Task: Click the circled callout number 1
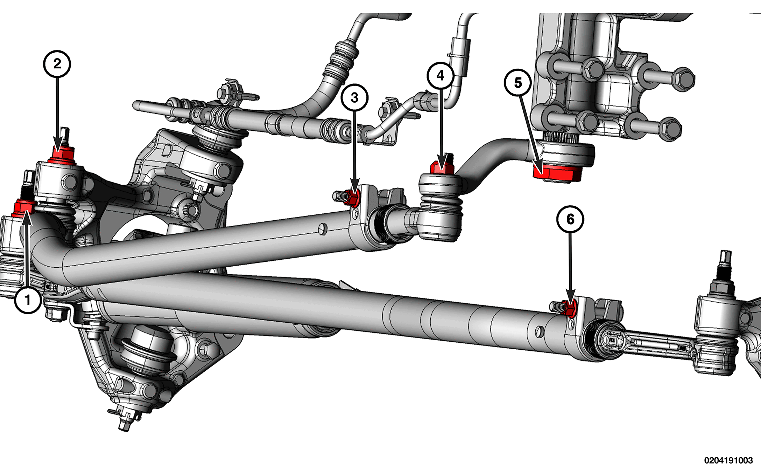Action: click(x=28, y=300)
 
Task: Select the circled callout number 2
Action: click(x=57, y=64)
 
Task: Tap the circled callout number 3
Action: click(x=354, y=97)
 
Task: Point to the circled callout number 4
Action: click(x=441, y=75)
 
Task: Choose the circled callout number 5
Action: click(x=518, y=83)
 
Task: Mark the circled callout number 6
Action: click(x=570, y=219)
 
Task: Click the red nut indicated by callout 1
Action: click(x=24, y=208)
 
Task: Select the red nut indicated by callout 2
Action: click(x=62, y=155)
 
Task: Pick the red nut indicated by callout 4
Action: click(x=442, y=167)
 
